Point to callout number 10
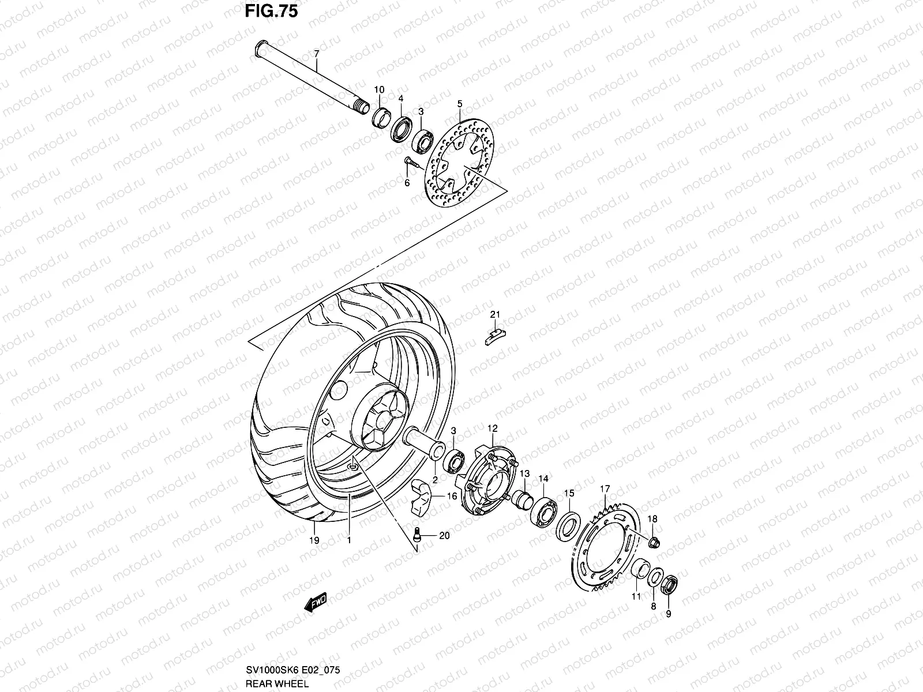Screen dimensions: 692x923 [x=379, y=90]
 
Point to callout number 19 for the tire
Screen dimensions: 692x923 [x=314, y=541]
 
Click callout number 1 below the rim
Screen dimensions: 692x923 [x=348, y=541]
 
